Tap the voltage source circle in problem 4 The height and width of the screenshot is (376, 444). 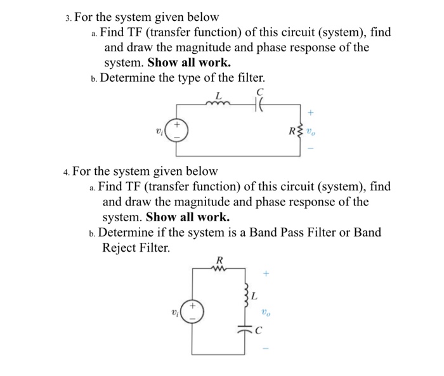point(193,312)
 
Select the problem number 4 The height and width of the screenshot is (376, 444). point(66,172)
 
